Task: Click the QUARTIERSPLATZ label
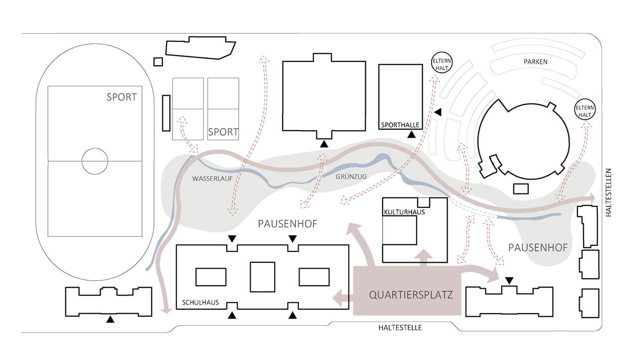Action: coord(411,295)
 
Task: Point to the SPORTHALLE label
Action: coord(400,125)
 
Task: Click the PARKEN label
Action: coord(535,62)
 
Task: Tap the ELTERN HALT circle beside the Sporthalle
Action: coord(440,63)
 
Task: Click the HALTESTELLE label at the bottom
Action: coord(400,328)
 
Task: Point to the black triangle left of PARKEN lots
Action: coord(438,113)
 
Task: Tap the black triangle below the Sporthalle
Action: coord(411,134)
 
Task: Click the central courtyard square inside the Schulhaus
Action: coord(262,277)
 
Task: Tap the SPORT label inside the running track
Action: coord(121,97)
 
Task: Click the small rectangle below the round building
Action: coord(520,188)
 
